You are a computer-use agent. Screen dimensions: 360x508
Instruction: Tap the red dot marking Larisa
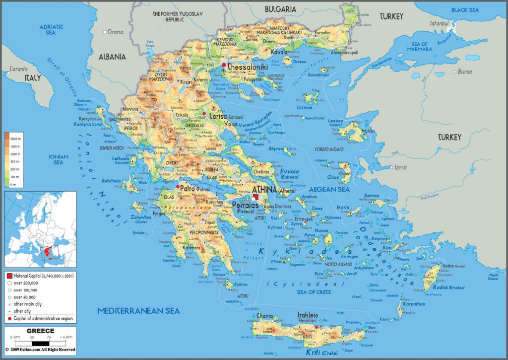[204, 114]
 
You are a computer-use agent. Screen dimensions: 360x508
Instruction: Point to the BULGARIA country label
[280, 9]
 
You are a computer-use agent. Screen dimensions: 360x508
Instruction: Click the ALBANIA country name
[112, 57]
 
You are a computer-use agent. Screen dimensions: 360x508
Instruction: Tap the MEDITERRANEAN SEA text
[138, 311]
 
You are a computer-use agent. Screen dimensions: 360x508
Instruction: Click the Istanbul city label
[439, 23]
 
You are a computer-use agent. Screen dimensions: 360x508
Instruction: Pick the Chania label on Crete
[264, 315]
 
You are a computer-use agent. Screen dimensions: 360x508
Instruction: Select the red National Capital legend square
[9, 274]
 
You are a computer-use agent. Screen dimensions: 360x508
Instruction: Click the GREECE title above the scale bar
[40, 331]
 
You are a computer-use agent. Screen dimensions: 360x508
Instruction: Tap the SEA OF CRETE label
[314, 292]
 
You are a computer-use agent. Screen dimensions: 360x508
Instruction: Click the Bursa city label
[465, 72]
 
